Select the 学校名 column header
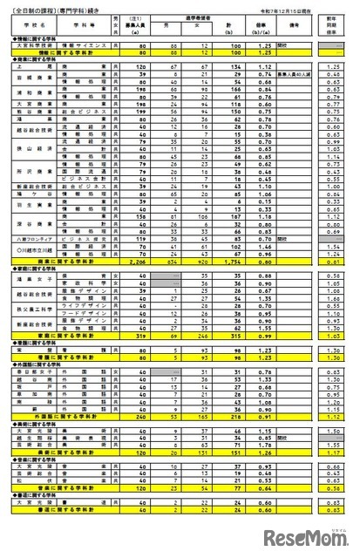pos(34,25)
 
